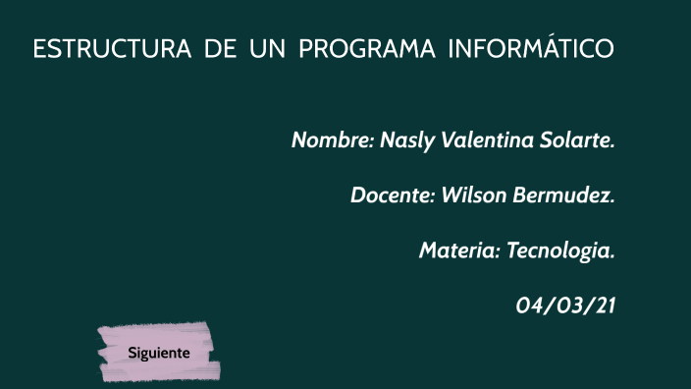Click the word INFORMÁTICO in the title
[530, 49]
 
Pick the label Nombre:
[331, 140]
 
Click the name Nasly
[405, 140]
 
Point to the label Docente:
[393, 194]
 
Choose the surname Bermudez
[563, 194]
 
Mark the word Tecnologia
[560, 250]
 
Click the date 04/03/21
[565, 306]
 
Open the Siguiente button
[158, 352]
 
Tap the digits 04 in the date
[530, 306]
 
